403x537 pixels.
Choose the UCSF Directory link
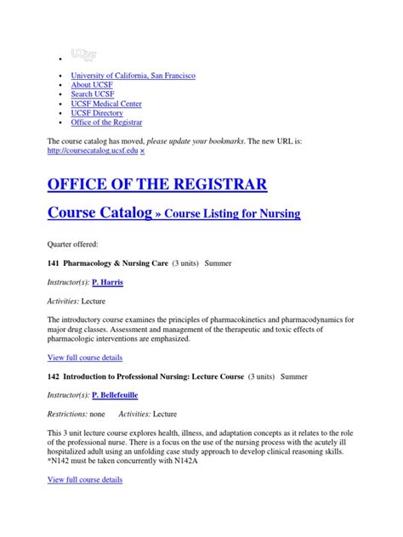click(97, 125)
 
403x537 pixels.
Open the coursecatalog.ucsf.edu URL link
click(93, 150)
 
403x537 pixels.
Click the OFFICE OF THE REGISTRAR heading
click(157, 184)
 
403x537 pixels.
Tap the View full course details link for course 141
click(85, 357)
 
